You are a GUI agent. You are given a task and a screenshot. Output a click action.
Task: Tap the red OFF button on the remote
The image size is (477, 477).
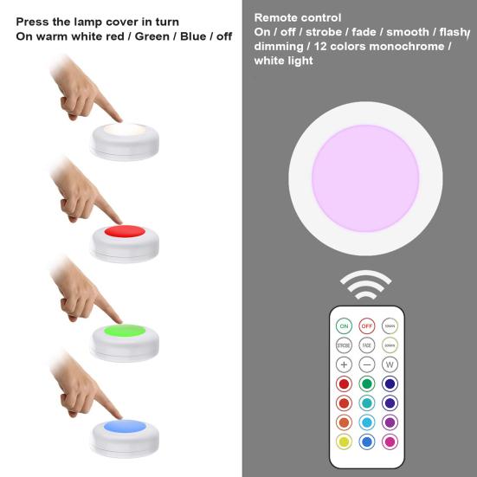[367, 326]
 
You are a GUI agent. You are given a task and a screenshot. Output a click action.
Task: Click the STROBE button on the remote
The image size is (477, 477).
[344, 345]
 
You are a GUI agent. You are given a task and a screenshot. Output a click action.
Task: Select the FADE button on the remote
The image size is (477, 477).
[367, 345]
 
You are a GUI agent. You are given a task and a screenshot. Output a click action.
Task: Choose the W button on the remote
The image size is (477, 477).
[390, 364]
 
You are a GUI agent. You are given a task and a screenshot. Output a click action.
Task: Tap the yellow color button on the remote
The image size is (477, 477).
[344, 441]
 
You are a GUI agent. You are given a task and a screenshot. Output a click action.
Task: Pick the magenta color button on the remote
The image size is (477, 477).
[390, 441]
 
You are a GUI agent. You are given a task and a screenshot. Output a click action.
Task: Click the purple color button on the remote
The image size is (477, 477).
[390, 422]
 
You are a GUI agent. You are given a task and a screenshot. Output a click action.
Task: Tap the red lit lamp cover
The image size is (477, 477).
[124, 233]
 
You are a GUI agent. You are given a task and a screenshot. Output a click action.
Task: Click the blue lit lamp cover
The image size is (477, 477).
[124, 426]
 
